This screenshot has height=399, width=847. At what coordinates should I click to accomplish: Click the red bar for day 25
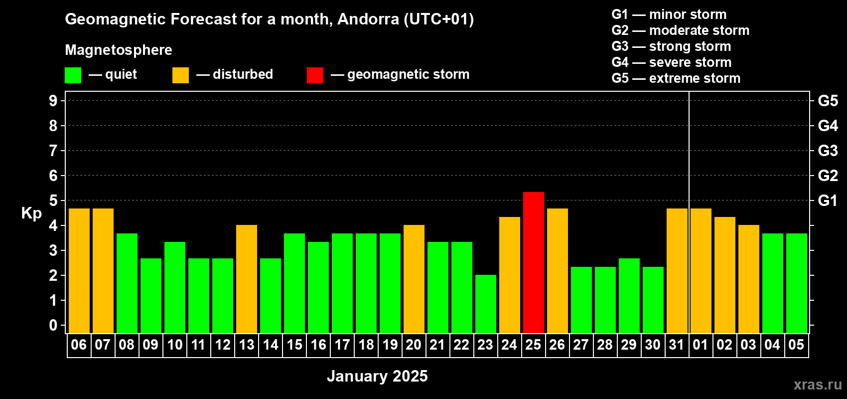point(534,262)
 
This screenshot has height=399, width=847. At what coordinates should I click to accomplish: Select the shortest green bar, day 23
point(485,304)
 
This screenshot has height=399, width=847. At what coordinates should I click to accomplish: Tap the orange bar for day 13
point(247,279)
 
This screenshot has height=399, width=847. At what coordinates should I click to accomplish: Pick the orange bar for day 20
point(414,279)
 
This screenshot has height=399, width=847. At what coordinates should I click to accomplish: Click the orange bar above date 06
point(79,271)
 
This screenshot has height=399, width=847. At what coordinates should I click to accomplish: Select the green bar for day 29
point(629,296)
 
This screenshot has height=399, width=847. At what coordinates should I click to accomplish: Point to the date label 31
point(677,345)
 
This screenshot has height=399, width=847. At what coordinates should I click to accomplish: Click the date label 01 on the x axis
point(701,345)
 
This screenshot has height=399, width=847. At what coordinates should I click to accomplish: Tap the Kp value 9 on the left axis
point(53,101)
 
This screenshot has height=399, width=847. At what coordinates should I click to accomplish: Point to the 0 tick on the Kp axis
point(53,325)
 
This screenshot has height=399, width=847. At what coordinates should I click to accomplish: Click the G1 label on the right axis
point(828,200)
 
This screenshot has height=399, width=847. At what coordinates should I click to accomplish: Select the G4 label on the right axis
point(828,126)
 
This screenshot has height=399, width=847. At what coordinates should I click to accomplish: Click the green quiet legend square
point(73,75)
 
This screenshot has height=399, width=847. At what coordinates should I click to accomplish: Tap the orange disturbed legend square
point(180,75)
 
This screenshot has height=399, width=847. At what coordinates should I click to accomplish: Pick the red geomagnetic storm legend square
point(315,75)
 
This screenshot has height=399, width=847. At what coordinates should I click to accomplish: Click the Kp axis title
point(31,213)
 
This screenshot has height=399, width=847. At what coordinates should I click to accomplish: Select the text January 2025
point(377,376)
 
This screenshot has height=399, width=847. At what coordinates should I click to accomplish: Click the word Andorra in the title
point(368,19)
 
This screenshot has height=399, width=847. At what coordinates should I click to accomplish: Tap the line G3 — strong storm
point(671,46)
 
